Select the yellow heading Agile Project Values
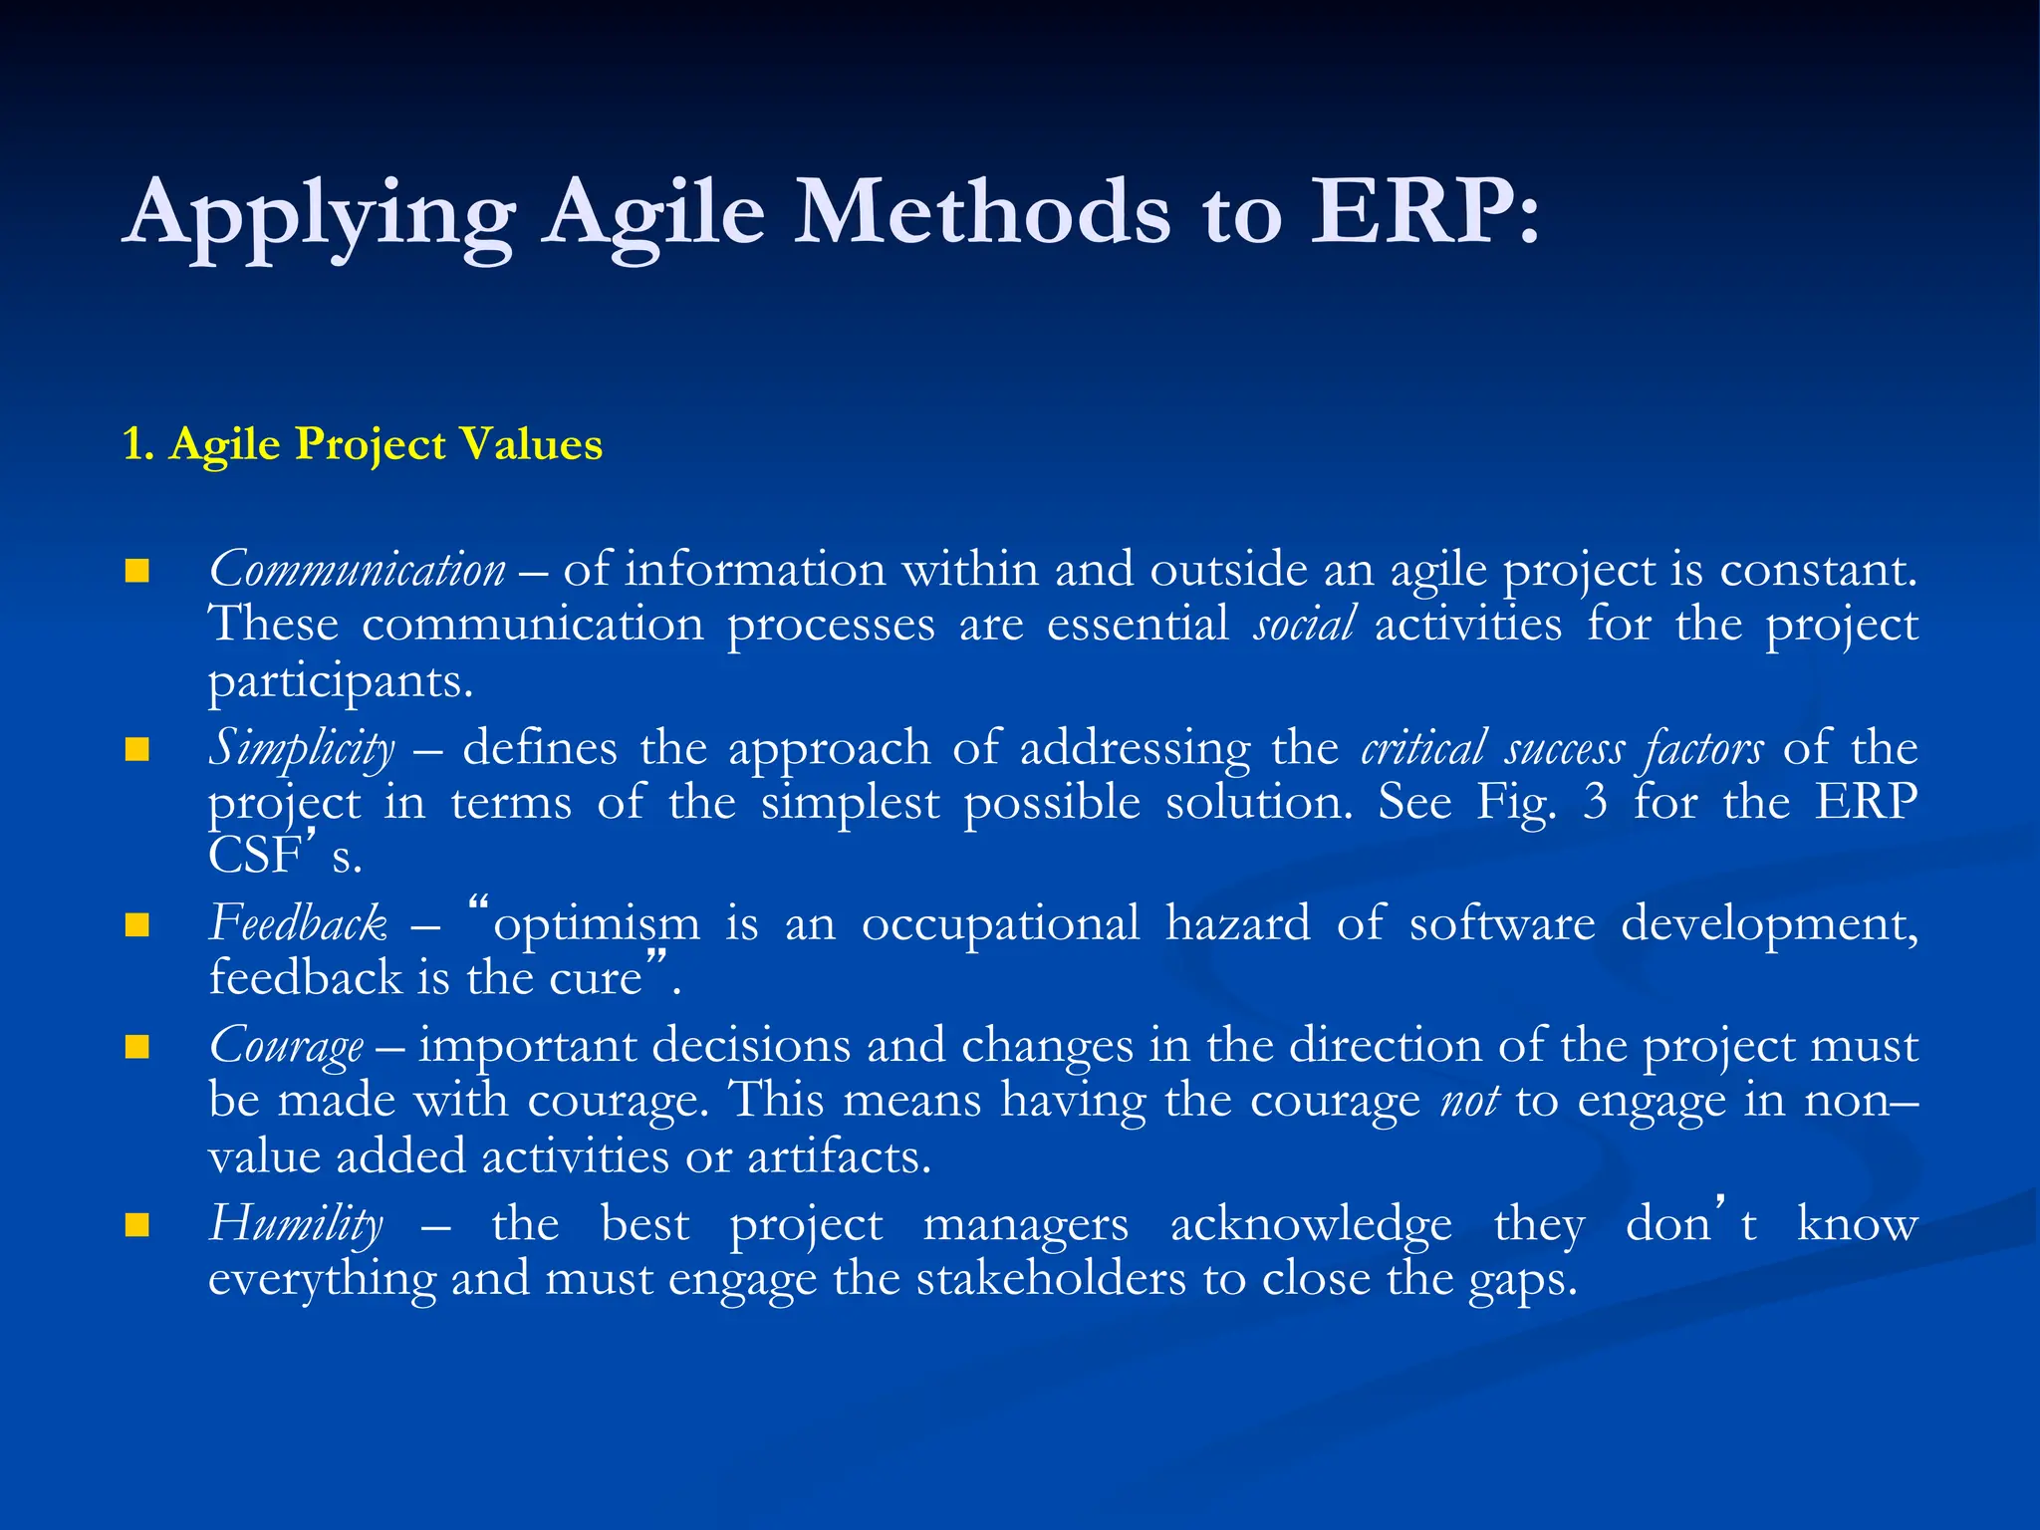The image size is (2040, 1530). pyautogui.click(x=363, y=444)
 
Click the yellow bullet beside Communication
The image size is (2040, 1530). pyautogui.click(x=137, y=572)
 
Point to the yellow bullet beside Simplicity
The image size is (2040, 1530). pyautogui.click(x=137, y=749)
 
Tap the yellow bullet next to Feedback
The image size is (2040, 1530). pyautogui.click(x=137, y=925)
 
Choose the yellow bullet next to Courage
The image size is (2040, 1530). pyautogui.click(x=137, y=1047)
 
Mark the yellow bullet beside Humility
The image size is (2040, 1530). pyautogui.click(x=137, y=1225)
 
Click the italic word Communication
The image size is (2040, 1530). pyautogui.click(x=357, y=571)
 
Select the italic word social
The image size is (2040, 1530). pyautogui.click(x=1304, y=626)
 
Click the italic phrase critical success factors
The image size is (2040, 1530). pyautogui.click(x=1562, y=748)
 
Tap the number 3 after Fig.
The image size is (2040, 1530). pyautogui.click(x=1595, y=802)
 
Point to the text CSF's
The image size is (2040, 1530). pyautogui.click(x=285, y=856)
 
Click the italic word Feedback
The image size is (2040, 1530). pyautogui.click(x=298, y=924)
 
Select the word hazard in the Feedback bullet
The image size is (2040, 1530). pyautogui.click(x=1237, y=924)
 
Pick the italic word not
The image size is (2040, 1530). pyautogui.click(x=1469, y=1101)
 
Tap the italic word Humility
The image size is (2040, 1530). pyautogui.click(x=296, y=1224)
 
